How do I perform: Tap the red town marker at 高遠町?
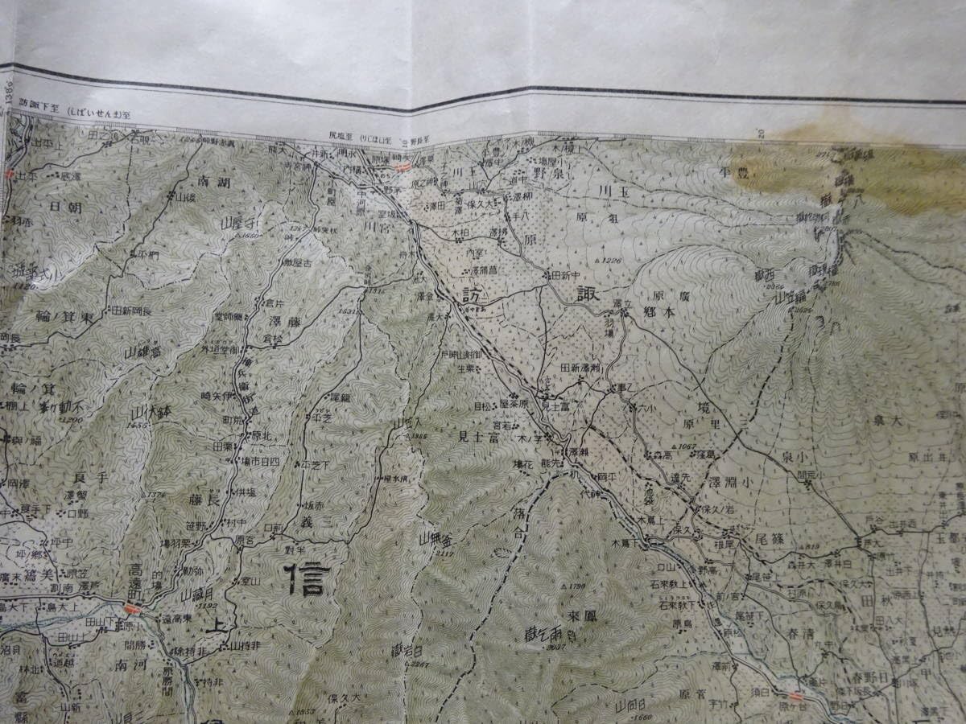pos(133,609)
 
